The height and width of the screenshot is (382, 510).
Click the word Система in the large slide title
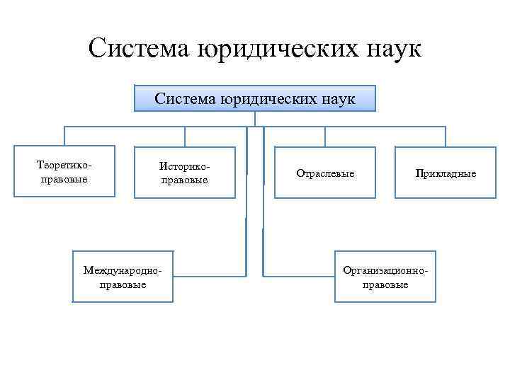(136, 49)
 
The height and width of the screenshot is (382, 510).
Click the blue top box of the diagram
(255, 99)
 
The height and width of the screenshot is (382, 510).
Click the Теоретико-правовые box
(64, 171)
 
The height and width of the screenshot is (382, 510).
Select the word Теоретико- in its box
(64, 165)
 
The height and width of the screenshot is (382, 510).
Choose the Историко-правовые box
(185, 172)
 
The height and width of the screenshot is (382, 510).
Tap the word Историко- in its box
(185, 166)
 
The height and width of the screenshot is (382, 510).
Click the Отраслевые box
(325, 172)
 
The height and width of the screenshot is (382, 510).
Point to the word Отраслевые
(325, 173)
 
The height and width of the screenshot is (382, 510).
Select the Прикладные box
(446, 172)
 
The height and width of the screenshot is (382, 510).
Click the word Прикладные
(446, 173)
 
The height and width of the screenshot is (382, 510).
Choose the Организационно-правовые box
(385, 277)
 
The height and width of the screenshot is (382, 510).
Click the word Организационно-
(385, 271)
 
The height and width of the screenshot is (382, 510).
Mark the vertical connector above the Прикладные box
(446, 137)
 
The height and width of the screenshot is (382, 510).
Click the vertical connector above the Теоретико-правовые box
(64, 137)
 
